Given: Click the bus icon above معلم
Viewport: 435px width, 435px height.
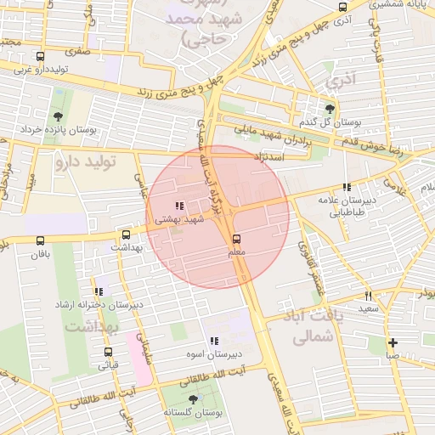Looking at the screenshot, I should tap(236, 239).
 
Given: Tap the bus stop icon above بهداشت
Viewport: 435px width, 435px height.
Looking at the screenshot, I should tap(127, 234).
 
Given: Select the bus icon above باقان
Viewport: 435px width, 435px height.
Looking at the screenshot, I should tap(41, 240).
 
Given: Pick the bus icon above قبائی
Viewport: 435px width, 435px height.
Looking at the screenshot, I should tap(108, 352).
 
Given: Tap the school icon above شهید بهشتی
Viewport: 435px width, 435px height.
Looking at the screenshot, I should tap(178, 206).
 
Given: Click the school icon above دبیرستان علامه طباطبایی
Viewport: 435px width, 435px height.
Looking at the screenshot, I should tap(346, 187).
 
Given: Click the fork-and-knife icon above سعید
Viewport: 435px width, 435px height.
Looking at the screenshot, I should tap(368, 296).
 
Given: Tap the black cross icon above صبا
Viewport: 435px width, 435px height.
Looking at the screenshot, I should tap(393, 343).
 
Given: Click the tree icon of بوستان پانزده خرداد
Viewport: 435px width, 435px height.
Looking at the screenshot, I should tap(58, 116).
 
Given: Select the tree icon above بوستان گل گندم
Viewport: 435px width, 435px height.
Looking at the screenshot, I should tap(330, 108).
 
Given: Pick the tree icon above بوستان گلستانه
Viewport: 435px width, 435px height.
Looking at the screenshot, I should tap(194, 398).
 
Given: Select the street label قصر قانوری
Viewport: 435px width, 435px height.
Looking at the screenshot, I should tap(310, 261).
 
